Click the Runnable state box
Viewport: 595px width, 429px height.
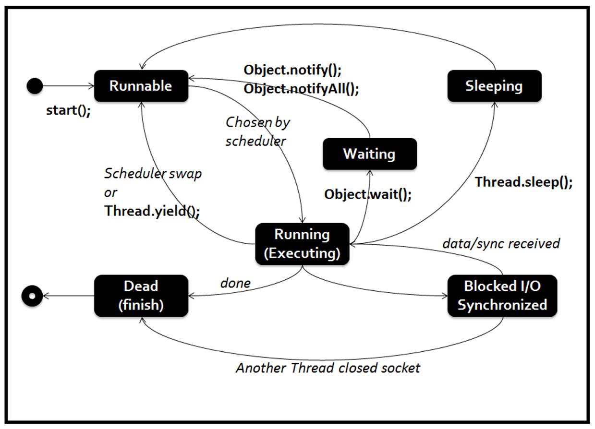tap(141, 86)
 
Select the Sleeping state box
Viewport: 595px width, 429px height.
tap(494, 86)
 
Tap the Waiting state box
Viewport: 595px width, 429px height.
tap(370, 154)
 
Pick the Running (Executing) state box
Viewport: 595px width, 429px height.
tap(302, 244)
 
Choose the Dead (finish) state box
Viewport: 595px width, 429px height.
tap(141, 296)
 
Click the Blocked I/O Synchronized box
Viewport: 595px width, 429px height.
tap(502, 296)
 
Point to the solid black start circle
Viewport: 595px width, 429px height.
tap(35, 86)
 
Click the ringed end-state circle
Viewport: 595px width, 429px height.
tap(32, 296)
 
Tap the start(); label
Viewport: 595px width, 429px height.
tap(68, 110)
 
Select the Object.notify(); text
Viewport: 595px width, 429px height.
tap(292, 70)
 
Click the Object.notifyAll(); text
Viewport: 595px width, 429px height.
tap(301, 89)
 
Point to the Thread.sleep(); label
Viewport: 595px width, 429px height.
tap(523, 182)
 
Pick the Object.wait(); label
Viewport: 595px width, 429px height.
tap(368, 195)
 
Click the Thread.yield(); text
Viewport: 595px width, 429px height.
tap(152, 211)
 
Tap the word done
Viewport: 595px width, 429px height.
tap(235, 283)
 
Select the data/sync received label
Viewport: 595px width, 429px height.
tap(501, 244)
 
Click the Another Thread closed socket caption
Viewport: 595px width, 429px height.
tap(328, 368)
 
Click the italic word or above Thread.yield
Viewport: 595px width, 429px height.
tap(110, 193)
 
